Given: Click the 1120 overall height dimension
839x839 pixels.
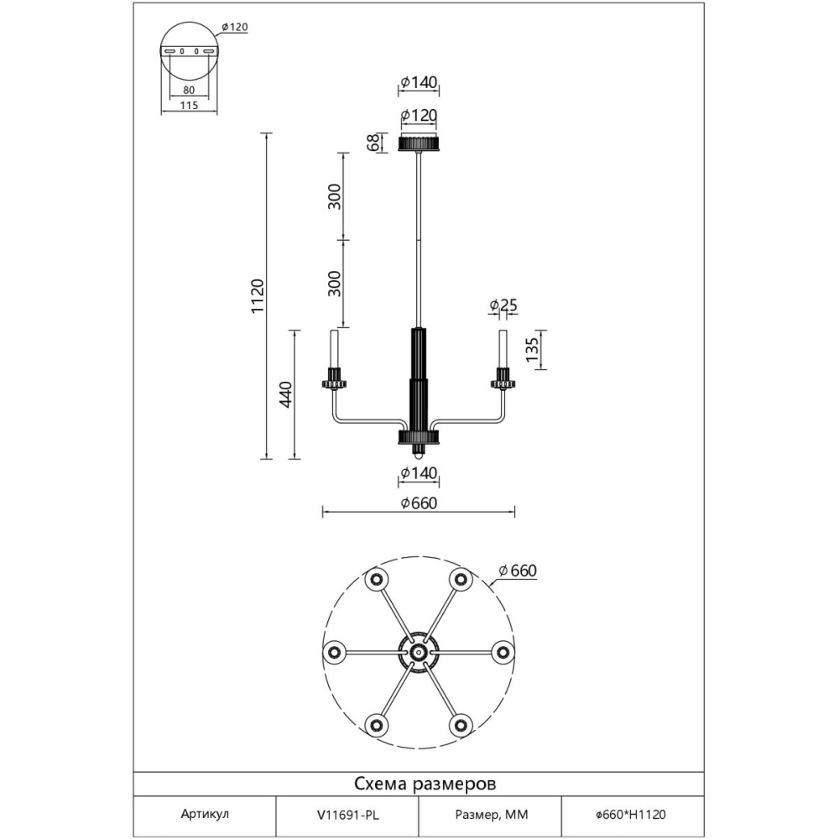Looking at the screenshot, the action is tap(258, 296).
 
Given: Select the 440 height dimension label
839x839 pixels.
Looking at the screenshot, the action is tap(286, 394).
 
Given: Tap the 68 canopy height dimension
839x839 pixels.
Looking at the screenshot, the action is tap(374, 143).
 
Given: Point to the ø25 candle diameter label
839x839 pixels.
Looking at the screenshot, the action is tap(503, 305).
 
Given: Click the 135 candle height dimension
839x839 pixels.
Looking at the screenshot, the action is tap(532, 349).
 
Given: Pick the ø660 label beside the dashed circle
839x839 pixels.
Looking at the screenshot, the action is tap(518, 571).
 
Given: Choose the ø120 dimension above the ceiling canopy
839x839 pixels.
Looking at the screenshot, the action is tap(419, 115).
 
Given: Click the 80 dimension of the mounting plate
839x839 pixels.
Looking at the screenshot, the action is tap(189, 91).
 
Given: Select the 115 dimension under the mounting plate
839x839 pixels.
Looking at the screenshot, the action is tap(189, 106).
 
